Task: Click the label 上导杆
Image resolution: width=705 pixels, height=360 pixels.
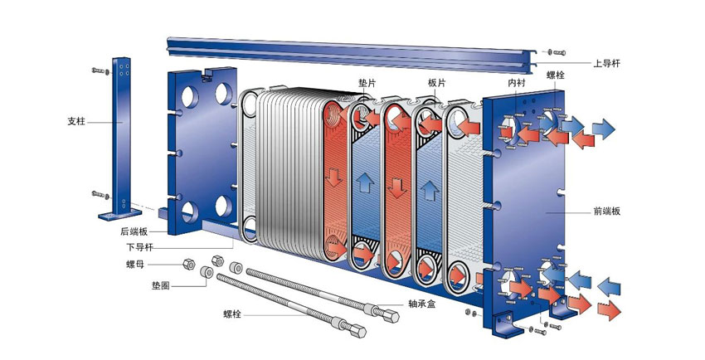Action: point(606,63)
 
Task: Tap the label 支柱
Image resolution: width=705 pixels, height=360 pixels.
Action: point(76,121)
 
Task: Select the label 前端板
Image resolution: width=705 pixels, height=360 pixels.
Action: point(607,212)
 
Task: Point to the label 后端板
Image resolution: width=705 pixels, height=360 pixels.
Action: point(134,231)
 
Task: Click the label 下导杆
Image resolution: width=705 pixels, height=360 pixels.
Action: point(139,247)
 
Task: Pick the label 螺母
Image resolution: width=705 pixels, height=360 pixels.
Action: point(135,265)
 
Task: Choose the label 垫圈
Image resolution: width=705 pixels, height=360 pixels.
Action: point(161,285)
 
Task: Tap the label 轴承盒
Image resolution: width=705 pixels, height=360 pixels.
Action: point(421,304)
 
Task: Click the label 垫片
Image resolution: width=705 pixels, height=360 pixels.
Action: point(367,83)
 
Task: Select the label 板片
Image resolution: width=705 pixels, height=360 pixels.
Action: point(436,83)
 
